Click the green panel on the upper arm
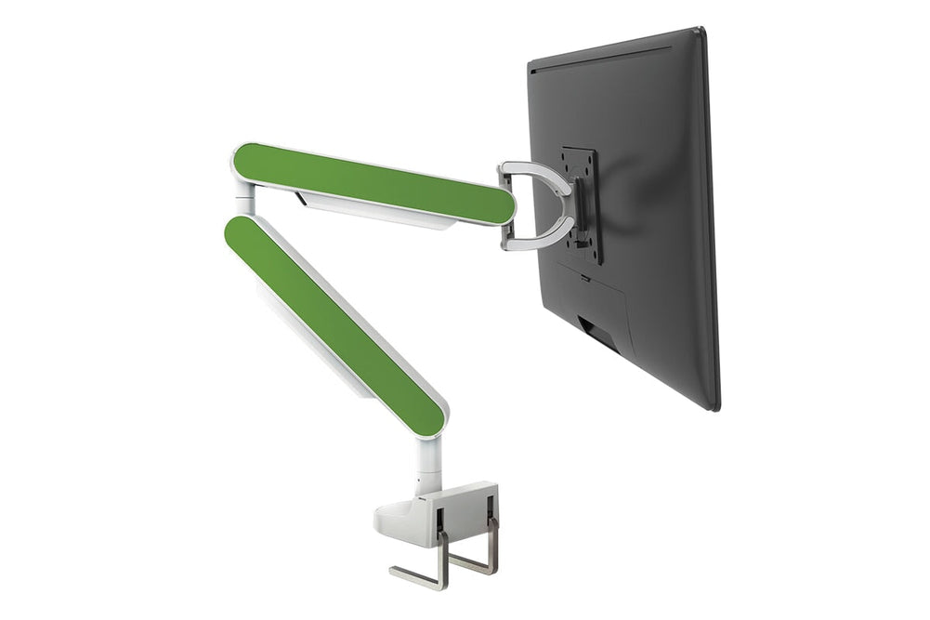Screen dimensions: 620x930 [372, 182]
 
